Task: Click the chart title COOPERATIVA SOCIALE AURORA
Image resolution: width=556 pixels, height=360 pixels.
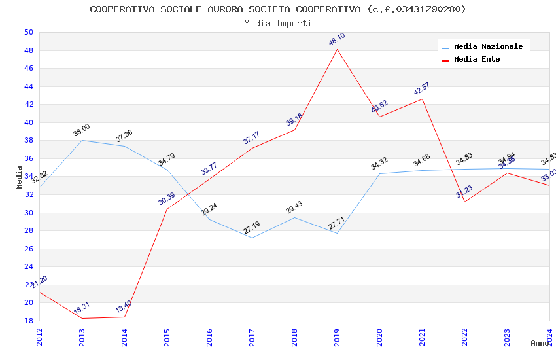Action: (278, 9)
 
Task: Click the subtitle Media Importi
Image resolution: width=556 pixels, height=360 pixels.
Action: (278, 23)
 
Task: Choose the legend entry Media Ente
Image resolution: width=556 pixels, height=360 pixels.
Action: (477, 59)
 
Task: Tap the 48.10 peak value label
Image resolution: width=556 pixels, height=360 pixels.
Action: (337, 39)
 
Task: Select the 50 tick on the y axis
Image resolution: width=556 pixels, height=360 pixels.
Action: (28, 32)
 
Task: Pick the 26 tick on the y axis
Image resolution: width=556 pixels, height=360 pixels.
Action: (28, 249)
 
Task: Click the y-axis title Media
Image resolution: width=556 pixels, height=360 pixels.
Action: (20, 177)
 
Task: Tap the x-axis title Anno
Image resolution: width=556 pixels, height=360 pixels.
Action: (540, 343)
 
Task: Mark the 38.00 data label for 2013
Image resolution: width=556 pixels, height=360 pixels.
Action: (82, 130)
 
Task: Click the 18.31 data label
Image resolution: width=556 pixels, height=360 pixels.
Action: (82, 308)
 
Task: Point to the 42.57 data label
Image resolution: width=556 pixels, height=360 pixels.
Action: (422, 89)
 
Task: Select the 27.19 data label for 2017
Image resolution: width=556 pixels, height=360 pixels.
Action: (252, 228)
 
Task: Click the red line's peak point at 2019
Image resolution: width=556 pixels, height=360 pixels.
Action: (338, 49)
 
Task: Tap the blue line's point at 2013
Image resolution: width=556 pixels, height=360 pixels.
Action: (82, 140)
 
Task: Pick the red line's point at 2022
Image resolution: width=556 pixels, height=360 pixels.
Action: (464, 202)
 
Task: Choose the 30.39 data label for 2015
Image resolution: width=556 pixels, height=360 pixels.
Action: (167, 199)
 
